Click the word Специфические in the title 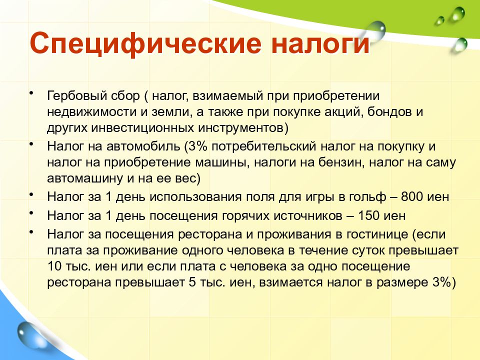coord(145,44)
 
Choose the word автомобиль coord(143,146)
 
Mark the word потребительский coord(263,146)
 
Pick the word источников coord(307,216)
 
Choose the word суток coord(370,250)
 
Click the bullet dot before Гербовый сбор coord(31,93)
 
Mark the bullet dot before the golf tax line coord(31,194)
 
